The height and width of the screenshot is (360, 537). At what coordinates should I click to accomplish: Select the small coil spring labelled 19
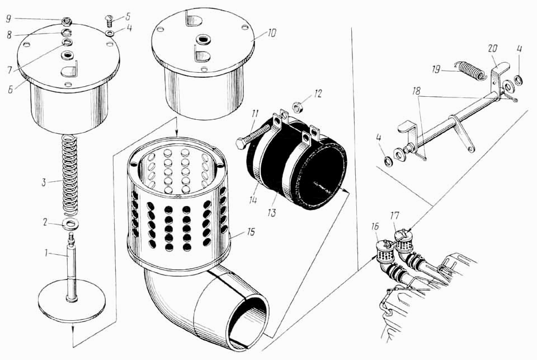coord(469,71)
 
